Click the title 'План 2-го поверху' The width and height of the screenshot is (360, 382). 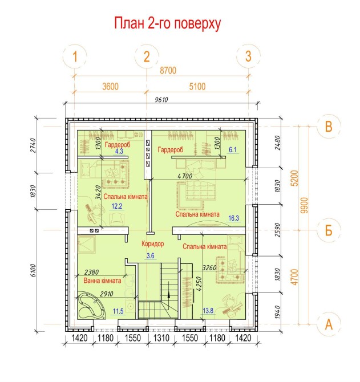click(x=167, y=23)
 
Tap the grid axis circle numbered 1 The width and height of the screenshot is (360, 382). click(x=75, y=56)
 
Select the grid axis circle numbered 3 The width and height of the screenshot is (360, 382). click(x=248, y=56)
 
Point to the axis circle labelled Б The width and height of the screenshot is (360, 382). click(x=329, y=230)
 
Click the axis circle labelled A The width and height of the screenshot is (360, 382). click(x=329, y=324)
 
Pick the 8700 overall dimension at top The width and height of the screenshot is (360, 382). click(x=168, y=70)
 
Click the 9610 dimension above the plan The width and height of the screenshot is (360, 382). click(x=161, y=100)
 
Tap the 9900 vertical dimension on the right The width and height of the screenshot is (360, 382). click(x=305, y=205)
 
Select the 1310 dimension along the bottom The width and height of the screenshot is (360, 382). click(x=161, y=338)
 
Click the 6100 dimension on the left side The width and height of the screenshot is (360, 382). click(x=34, y=270)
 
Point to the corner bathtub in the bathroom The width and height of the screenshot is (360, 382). click(x=91, y=306)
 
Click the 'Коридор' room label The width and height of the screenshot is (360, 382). click(x=153, y=243)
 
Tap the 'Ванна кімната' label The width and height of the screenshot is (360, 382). click(x=102, y=281)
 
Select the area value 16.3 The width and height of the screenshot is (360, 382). click(x=233, y=218)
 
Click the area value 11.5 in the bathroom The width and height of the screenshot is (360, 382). click(x=118, y=311)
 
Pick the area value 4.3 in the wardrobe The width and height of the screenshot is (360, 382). click(x=119, y=151)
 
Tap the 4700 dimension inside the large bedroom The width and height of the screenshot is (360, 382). click(x=185, y=176)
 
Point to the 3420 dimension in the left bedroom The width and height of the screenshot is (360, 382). click(x=98, y=193)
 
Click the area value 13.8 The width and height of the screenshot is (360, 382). click(x=208, y=310)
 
